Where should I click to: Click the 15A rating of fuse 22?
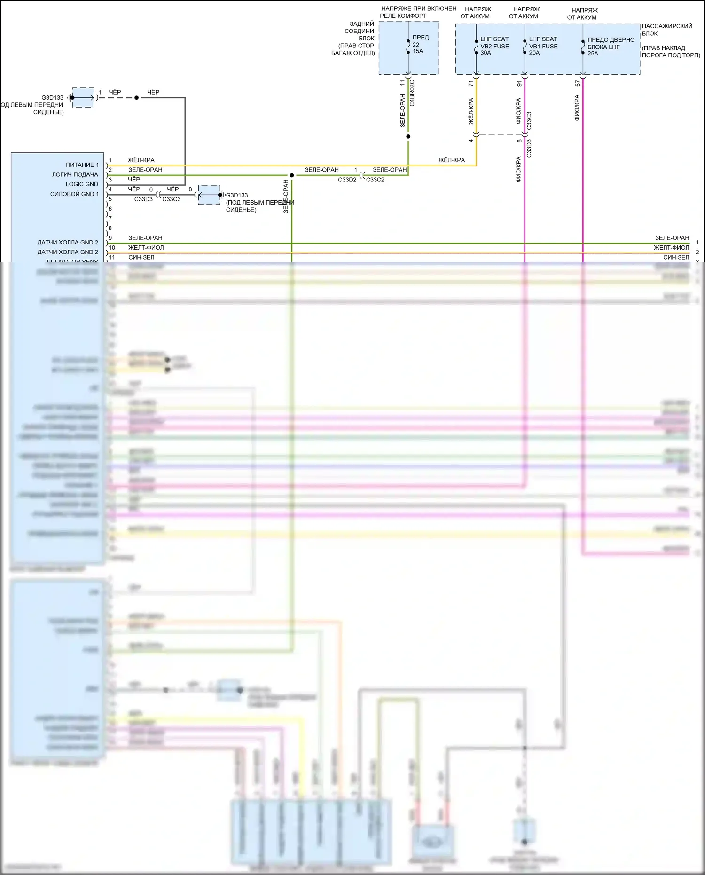pyautogui.click(x=418, y=51)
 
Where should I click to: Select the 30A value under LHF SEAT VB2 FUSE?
pyautogui.click(x=486, y=53)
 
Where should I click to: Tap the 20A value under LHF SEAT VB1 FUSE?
pyautogui.click(x=534, y=53)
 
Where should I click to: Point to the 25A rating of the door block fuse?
pyautogui.click(x=593, y=54)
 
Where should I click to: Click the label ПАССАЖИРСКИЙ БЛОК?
pyautogui.click(x=667, y=30)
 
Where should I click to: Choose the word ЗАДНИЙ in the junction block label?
pyautogui.click(x=362, y=24)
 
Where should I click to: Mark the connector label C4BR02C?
pyautogui.click(x=412, y=93)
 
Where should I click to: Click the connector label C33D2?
pyautogui.click(x=347, y=180)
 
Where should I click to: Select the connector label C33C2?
pyautogui.click(x=375, y=180)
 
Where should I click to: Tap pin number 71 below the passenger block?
pyautogui.click(x=471, y=83)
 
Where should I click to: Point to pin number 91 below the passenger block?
pyautogui.click(x=519, y=83)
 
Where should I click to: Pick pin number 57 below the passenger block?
pyautogui.click(x=578, y=83)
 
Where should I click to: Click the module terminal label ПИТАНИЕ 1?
pyautogui.click(x=82, y=165)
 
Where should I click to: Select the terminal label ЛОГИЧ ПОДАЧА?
pyautogui.click(x=75, y=174)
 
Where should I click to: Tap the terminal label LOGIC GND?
pyautogui.click(x=82, y=184)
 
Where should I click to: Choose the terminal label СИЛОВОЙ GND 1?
pyautogui.click(x=74, y=194)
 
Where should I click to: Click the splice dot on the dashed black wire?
pyautogui.click(x=137, y=98)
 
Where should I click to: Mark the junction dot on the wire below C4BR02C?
pyautogui.click(x=408, y=137)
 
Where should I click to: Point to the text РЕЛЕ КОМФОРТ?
pyautogui.click(x=403, y=16)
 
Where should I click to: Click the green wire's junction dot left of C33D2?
pyautogui.click(x=292, y=175)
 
